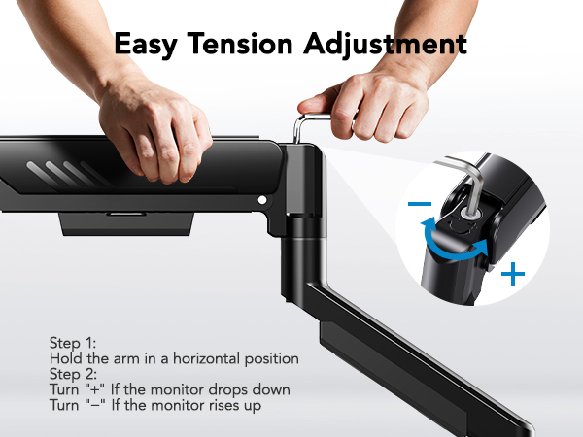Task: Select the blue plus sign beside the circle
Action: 512,275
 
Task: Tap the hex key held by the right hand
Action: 309,127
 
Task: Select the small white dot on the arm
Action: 260,200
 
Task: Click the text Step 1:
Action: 73,344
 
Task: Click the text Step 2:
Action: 73,374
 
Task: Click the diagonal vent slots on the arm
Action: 73,176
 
